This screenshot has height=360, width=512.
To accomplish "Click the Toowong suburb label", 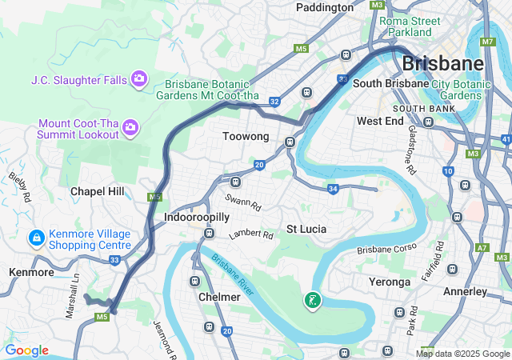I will pos(245,137).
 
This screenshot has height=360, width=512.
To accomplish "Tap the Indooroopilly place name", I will pos(196,217).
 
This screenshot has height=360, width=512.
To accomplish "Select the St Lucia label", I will pos(306,229).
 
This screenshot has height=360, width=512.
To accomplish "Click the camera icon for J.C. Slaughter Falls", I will pos(139,78).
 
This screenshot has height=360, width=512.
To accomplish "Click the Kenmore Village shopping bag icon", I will pos(36,238).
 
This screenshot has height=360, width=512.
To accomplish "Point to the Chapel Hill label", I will pos(98,191).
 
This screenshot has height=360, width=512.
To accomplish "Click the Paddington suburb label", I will pos(324,7).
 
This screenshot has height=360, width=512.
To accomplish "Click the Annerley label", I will pos(465,292).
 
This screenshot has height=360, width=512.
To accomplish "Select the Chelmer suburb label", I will pos(219,297).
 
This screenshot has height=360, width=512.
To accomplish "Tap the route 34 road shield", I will pos(334,188).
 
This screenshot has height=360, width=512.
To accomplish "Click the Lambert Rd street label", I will pos(250,235).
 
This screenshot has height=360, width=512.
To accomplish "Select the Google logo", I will pos(26,350).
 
